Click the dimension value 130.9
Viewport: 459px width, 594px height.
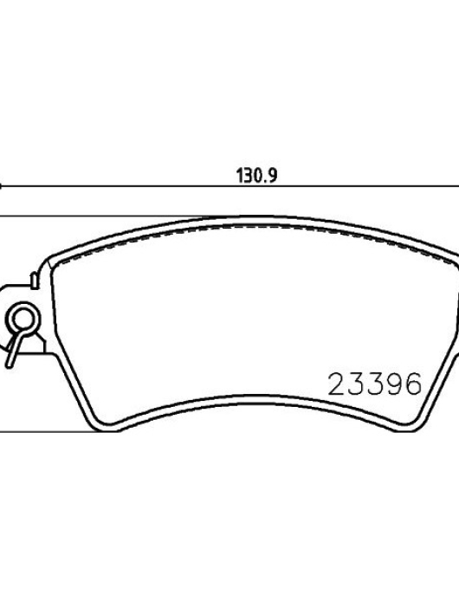click(256, 176)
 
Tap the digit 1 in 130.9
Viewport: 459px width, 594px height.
click(240, 176)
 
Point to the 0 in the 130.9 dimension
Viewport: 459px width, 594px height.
click(255, 176)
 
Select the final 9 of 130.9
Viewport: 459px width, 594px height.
click(273, 176)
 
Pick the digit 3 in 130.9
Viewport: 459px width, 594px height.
click(247, 176)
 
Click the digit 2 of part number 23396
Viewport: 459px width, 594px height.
click(337, 384)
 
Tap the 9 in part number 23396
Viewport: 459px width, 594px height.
click(394, 384)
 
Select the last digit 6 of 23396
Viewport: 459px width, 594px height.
click(413, 384)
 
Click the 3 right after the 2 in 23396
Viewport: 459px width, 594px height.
click(356, 384)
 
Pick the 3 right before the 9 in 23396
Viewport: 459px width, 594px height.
click(375, 384)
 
